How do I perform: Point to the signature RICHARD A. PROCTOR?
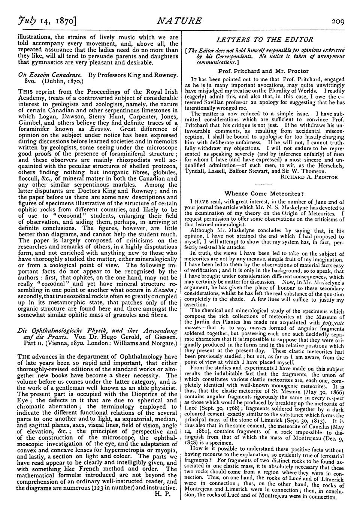click(x=309, y=177)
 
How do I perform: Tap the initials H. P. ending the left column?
click(x=163, y=493)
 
